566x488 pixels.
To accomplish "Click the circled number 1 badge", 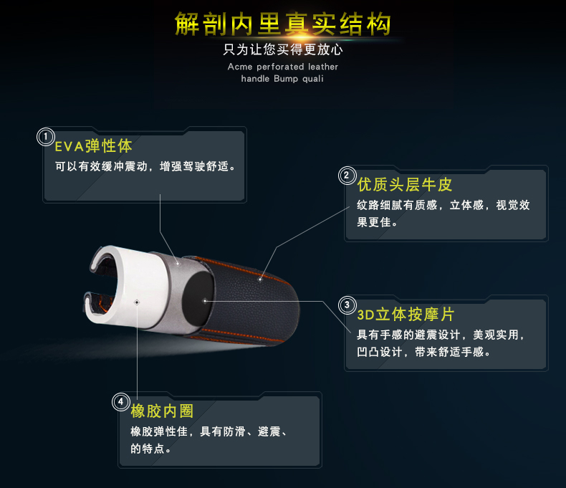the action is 46,137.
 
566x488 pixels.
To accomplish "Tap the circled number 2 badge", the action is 347,176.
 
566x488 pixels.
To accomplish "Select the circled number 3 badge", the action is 347,305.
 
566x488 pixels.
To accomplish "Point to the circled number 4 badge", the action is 121,402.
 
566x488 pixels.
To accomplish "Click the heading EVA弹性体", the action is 93,146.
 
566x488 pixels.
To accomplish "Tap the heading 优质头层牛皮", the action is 405,184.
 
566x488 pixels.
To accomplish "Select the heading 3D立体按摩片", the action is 406,315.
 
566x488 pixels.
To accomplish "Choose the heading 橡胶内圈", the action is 162,411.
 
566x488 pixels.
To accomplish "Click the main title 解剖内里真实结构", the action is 282,24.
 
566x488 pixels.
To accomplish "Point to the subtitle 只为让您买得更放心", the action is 283,49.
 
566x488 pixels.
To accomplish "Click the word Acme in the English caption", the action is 240,67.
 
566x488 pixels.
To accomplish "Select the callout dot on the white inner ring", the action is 137,302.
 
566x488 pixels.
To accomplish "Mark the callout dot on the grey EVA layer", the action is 178,264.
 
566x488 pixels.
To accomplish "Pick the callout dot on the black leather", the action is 260,279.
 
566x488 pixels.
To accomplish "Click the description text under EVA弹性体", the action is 145,166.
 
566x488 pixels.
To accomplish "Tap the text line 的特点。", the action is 151,449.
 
